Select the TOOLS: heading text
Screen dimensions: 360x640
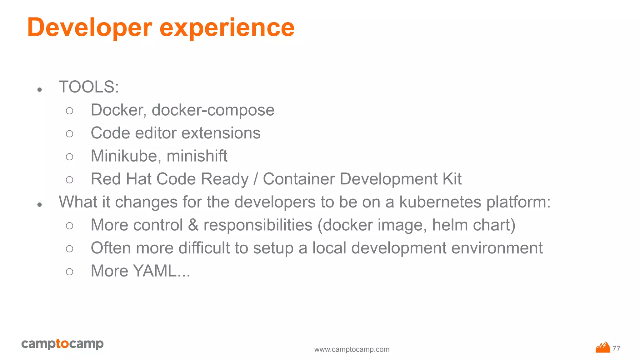coord(89,87)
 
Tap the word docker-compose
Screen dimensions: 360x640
coord(213,110)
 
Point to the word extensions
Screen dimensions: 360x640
coord(221,133)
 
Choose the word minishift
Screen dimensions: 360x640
coord(197,156)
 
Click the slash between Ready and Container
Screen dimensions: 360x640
coord(256,179)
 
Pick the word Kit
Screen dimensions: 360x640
coord(452,179)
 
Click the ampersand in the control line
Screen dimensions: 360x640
coord(193,225)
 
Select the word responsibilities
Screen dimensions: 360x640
coord(258,225)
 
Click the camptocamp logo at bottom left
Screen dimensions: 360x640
coord(62,344)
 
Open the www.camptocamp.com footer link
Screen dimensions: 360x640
coord(352,349)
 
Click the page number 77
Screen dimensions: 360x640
coord(617,348)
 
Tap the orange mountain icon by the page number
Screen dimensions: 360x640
coord(603,347)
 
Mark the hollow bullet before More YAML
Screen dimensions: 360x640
coord(70,272)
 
